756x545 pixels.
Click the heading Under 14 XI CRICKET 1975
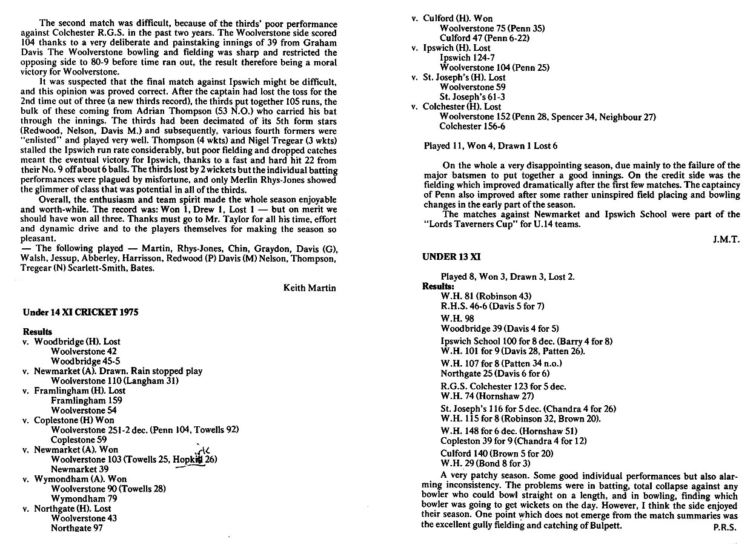click(x=80, y=312)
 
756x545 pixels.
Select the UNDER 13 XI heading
click(x=451, y=257)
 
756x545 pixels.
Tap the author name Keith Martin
click(x=309, y=288)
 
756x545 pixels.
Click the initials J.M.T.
click(x=726, y=239)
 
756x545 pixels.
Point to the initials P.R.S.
click(x=725, y=526)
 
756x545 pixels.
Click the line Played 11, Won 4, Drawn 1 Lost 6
click(x=490, y=146)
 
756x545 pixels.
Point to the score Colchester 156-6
click(x=472, y=127)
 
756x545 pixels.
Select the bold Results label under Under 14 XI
click(x=38, y=332)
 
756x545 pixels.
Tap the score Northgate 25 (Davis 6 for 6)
click(x=495, y=373)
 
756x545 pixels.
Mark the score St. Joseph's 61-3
click(x=472, y=97)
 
